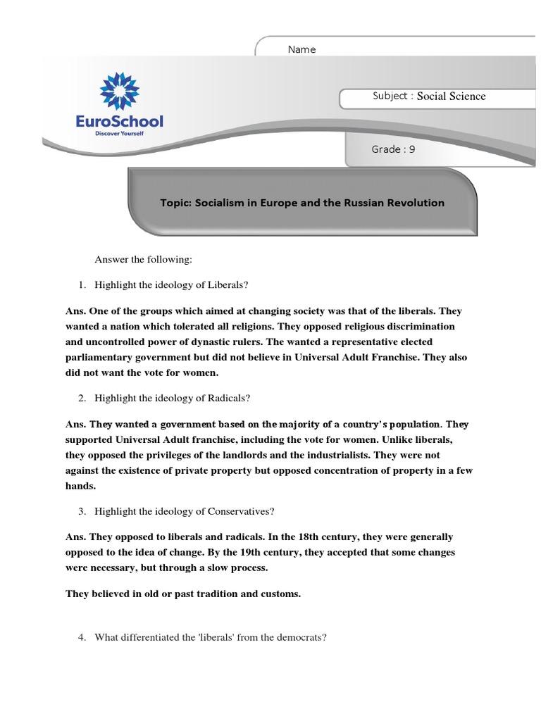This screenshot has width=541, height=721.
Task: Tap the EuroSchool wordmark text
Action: tap(119, 122)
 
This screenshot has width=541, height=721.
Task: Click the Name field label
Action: tap(301, 49)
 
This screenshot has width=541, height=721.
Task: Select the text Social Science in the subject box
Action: tap(451, 96)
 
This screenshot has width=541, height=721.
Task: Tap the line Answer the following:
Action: tap(143, 260)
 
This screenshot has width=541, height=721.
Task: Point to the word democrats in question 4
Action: tap(301, 637)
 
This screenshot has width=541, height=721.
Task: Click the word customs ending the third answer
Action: tap(280, 594)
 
